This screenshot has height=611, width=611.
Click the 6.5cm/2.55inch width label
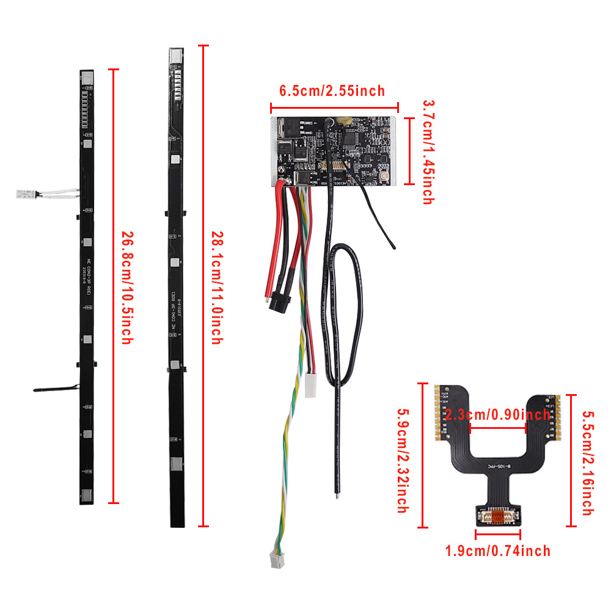pos(332,92)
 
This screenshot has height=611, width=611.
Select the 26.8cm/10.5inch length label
pos(126,287)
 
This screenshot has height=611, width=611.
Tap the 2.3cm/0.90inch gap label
pos(497,415)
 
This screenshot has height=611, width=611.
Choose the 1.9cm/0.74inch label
pos(497,551)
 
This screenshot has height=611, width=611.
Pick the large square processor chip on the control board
pos(351,137)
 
